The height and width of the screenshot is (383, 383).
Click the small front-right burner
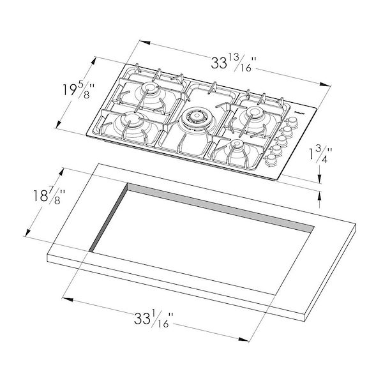tap(237, 146)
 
